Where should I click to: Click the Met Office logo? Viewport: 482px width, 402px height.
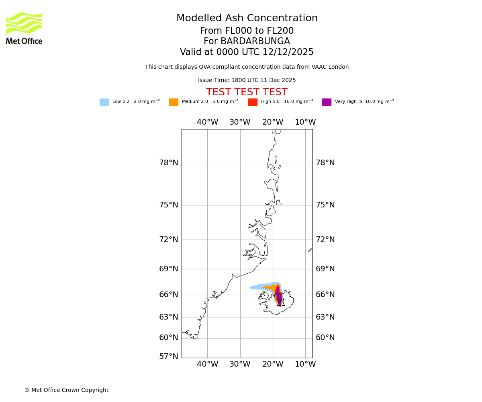pyautogui.click(x=24, y=28)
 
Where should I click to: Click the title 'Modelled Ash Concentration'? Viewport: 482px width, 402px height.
pyautogui.click(x=247, y=18)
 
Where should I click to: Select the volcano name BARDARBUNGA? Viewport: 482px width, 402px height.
pyautogui.click(x=247, y=41)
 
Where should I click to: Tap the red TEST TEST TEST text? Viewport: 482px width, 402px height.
pyautogui.click(x=247, y=92)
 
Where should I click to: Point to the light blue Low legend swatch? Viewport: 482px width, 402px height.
pyautogui.click(x=104, y=102)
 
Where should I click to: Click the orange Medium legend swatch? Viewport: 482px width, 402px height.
pyautogui.click(x=174, y=102)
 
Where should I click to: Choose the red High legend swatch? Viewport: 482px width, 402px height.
pyautogui.click(x=253, y=102)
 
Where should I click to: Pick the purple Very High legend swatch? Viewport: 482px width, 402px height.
pyautogui.click(x=327, y=102)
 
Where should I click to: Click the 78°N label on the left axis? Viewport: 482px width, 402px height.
pyautogui.click(x=168, y=163)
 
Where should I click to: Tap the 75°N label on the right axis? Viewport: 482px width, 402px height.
pyautogui.click(x=325, y=205)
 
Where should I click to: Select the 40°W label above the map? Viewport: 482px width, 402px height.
pyautogui.click(x=207, y=122)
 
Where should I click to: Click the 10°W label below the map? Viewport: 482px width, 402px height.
pyautogui.click(x=305, y=364)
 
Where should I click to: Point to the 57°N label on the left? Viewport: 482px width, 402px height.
pyautogui.click(x=168, y=357)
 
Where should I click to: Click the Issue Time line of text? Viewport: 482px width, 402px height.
pyautogui.click(x=247, y=80)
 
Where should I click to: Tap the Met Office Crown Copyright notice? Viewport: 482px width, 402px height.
pyautogui.click(x=66, y=390)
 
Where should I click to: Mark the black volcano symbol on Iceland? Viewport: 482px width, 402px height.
pyautogui.click(x=281, y=302)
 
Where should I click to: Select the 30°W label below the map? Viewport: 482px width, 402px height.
pyautogui.click(x=240, y=364)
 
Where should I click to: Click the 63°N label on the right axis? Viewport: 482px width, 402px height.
pyautogui.click(x=325, y=317)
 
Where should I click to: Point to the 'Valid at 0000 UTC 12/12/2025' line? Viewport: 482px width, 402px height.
pyautogui.click(x=247, y=52)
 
